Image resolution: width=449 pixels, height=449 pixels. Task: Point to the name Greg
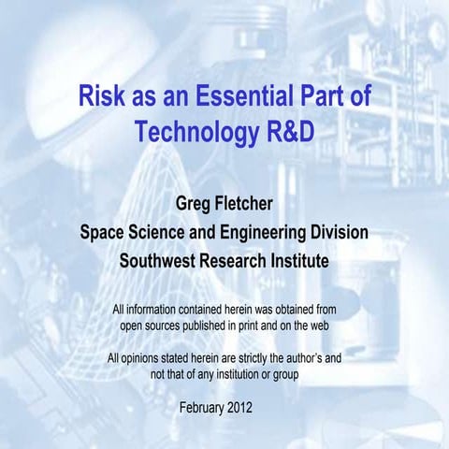[x=182, y=203]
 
